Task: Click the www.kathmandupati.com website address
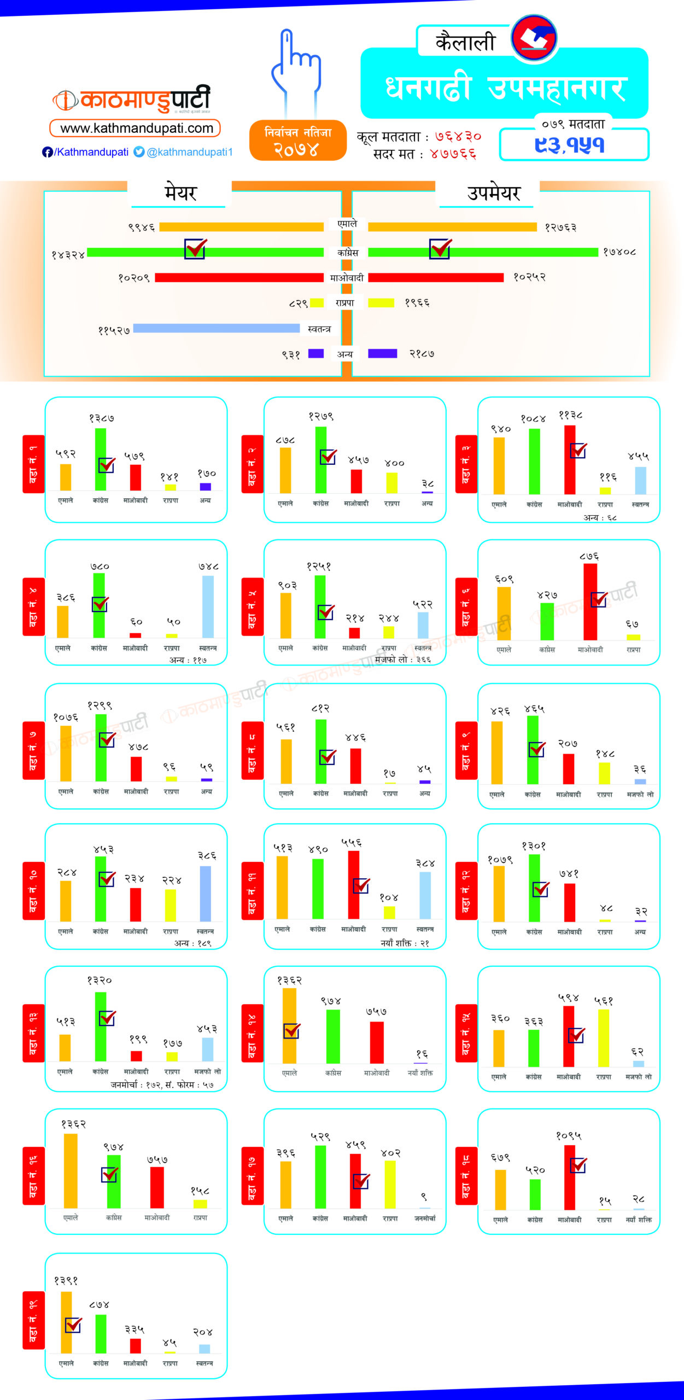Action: tap(136, 129)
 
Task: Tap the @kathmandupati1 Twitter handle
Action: tap(190, 152)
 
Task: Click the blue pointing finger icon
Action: tap(295, 66)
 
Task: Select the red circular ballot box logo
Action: tap(534, 38)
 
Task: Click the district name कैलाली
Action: tap(465, 42)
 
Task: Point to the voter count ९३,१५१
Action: tap(570, 145)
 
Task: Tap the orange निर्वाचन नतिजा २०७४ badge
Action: tap(298, 141)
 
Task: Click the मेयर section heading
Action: tap(180, 193)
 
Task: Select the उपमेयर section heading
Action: tap(493, 193)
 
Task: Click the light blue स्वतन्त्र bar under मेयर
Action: tap(217, 328)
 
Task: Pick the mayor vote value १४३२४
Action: tap(68, 255)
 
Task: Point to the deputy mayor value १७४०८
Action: tap(619, 252)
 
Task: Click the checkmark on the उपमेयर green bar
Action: tap(440, 248)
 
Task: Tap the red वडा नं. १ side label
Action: tap(33, 464)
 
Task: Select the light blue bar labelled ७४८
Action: tap(208, 606)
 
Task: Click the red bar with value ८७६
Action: tap(590, 602)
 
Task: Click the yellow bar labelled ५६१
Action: tap(604, 1037)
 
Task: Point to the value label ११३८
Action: tap(570, 416)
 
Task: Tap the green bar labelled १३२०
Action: tap(101, 1026)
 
